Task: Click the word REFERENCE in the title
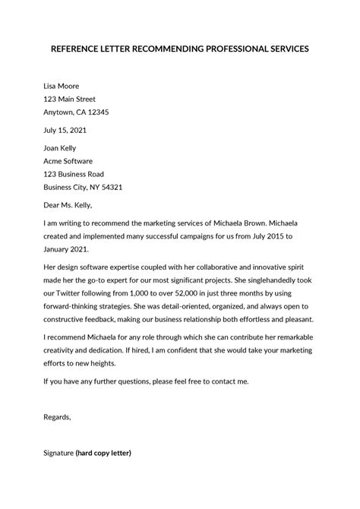coord(82,49)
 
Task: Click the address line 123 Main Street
coord(74,99)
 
